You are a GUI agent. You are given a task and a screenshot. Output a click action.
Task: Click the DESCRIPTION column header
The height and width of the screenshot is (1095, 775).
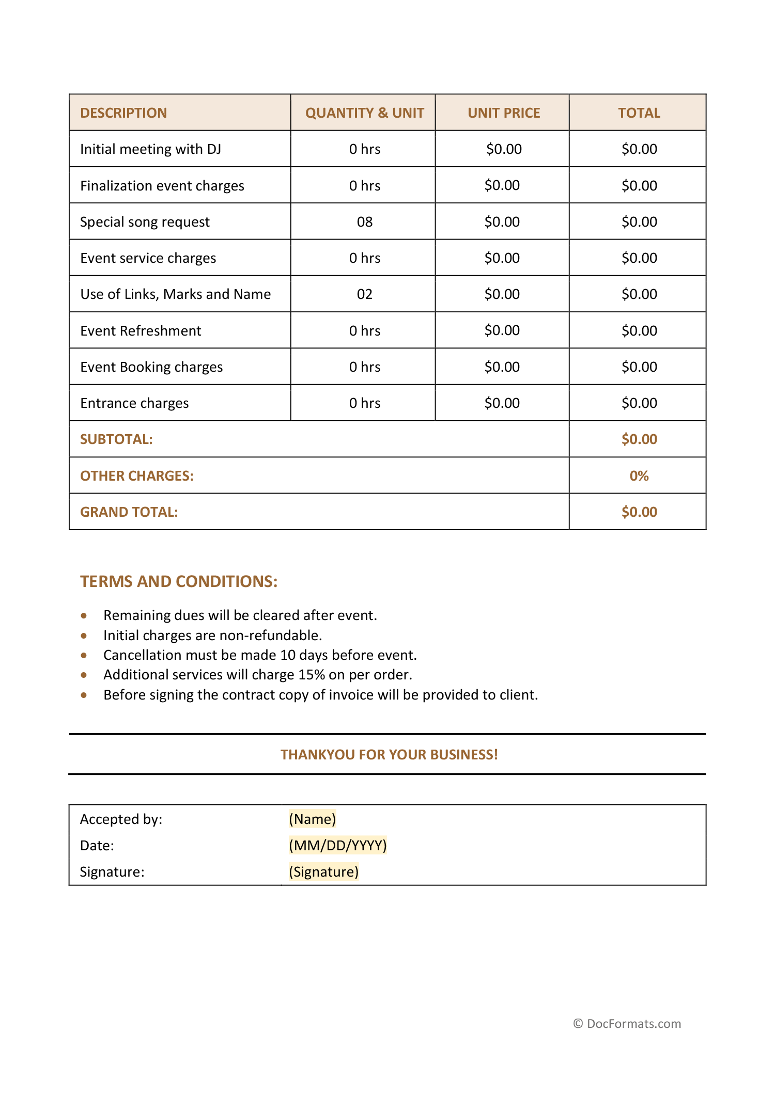[x=123, y=113]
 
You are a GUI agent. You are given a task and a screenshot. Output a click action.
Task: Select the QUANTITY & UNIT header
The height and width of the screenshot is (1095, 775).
[x=364, y=113]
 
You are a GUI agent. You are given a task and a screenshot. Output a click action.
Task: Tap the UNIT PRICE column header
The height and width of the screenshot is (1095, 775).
[x=504, y=113]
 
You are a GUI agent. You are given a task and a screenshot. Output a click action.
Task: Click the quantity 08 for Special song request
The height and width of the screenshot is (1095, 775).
[x=364, y=222]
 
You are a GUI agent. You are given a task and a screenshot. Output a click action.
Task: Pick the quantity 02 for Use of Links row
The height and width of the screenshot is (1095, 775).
[x=364, y=294]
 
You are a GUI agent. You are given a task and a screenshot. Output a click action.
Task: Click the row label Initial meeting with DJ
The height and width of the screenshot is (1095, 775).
[x=150, y=149]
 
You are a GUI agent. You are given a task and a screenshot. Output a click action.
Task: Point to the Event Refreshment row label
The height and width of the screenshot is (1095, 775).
[x=141, y=331]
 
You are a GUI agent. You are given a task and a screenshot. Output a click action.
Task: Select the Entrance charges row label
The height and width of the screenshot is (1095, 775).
[x=134, y=403]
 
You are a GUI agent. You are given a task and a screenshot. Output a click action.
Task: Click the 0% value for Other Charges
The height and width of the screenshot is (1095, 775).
[x=639, y=476]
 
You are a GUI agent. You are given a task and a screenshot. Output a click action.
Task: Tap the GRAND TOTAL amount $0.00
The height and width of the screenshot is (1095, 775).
[x=639, y=512]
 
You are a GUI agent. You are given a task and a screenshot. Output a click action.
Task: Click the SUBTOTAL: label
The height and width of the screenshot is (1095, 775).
[x=116, y=439]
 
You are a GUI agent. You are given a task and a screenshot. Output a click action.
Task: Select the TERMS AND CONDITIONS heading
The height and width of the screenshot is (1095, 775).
[x=179, y=582]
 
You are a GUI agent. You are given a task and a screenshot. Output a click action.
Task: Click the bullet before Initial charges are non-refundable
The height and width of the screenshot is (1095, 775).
[x=84, y=636]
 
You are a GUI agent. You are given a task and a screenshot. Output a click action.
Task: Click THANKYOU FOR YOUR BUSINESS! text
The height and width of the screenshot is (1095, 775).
[x=389, y=755]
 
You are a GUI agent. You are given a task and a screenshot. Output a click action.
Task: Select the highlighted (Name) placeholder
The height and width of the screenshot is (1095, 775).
[x=312, y=819]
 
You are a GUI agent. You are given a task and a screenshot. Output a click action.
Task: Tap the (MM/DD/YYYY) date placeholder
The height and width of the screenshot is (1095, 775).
[x=337, y=846]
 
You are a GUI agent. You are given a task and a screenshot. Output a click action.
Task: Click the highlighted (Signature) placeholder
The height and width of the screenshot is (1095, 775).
[x=323, y=872]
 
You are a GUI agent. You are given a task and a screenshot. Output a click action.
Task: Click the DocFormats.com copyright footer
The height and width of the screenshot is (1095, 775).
[x=627, y=1024]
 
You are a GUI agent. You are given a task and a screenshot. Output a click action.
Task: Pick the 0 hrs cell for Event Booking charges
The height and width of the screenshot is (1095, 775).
[x=364, y=367]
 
